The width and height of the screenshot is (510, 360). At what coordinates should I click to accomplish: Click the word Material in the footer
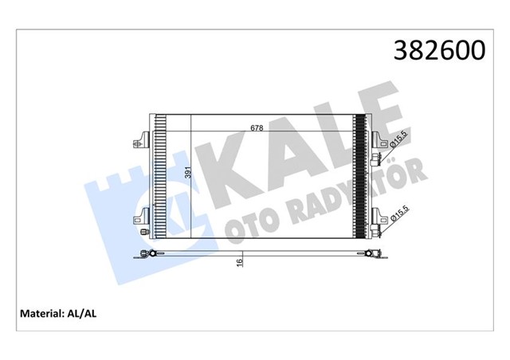pos(41,314)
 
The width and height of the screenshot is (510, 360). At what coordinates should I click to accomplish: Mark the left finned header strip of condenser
pos(159,175)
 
